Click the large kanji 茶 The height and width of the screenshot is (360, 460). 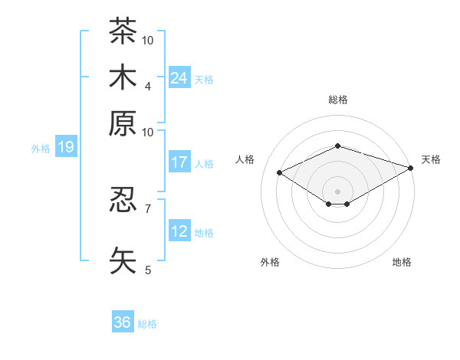point(123,31)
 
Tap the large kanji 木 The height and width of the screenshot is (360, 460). point(123,77)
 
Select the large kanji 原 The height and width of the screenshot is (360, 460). point(123,123)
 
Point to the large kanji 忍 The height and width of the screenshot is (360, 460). point(123,199)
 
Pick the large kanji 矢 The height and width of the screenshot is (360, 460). point(123,260)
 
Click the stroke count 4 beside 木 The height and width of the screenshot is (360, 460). point(148,87)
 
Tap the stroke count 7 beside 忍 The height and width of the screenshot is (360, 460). point(148,209)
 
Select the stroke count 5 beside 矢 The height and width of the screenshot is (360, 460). point(148,270)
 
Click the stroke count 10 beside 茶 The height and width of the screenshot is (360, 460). point(147,41)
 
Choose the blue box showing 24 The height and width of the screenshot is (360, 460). point(179,77)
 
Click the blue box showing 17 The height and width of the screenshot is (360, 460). point(179,162)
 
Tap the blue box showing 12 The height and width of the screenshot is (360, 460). point(179,230)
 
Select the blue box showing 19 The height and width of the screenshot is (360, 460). point(66,146)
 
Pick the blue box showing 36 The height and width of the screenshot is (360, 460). point(123,321)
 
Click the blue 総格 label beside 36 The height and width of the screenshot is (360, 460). point(147,324)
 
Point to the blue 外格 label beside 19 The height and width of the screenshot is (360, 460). point(41,149)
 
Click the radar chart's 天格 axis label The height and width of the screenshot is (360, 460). point(431,159)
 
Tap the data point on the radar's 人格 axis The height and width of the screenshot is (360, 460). point(280,172)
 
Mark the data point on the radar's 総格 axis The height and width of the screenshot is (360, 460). point(337,146)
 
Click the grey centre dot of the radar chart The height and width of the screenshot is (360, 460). point(337,191)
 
